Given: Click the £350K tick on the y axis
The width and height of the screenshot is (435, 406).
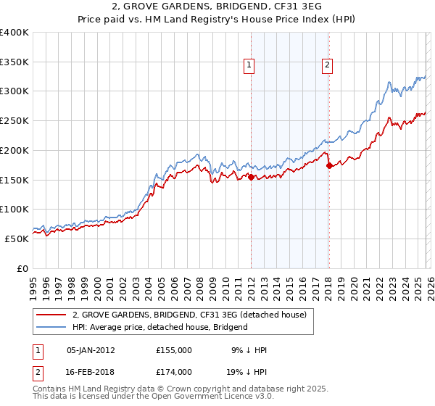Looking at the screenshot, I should point(14,62).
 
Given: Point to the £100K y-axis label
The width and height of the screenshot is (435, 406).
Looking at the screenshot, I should point(14,210).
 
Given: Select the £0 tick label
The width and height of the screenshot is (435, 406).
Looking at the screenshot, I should point(22,268).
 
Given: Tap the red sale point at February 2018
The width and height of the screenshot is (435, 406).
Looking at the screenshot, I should point(329,166).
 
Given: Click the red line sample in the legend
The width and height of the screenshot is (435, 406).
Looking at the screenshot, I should point(51,315).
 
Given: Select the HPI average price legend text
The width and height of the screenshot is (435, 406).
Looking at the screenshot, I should point(159,327).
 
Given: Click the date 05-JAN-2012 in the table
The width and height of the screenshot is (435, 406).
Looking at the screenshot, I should point(91,350).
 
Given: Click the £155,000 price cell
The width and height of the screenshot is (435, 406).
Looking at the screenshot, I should point(174,350).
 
